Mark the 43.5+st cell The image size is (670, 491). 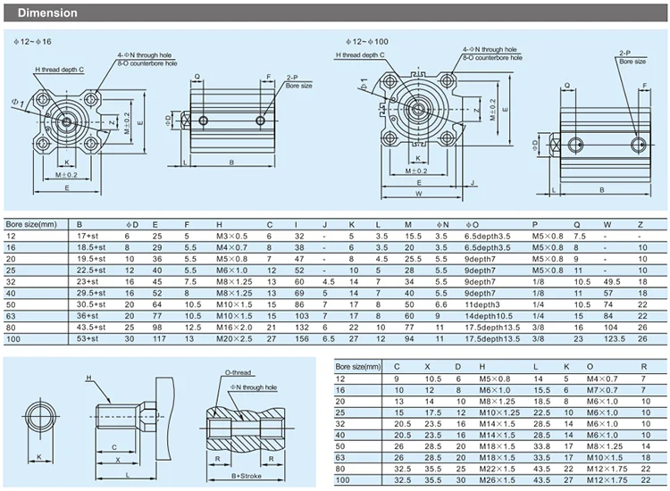click(91, 326)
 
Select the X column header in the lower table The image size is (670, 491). click(428, 366)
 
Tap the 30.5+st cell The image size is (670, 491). click(91, 304)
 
